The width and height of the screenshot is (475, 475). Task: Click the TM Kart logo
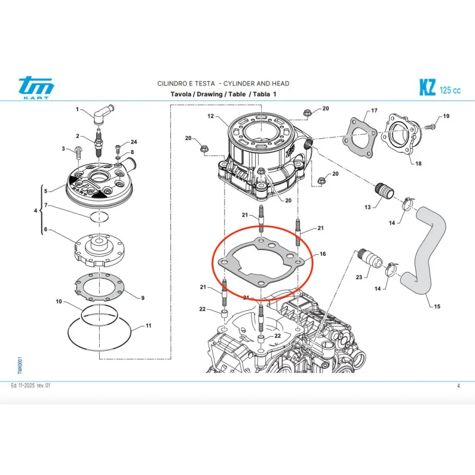tap(36, 88)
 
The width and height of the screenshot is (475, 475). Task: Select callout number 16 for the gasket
tap(322, 254)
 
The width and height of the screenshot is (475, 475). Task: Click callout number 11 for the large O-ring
tap(148, 326)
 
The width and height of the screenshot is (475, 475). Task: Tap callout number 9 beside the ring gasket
tap(142, 297)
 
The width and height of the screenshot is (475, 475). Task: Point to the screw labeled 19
tap(432, 126)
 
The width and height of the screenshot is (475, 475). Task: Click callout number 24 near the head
tap(134, 142)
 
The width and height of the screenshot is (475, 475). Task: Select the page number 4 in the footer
tap(458, 386)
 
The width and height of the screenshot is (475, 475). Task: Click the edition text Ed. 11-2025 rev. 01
tap(31, 386)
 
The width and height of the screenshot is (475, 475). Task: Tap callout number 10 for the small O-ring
tap(59, 302)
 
